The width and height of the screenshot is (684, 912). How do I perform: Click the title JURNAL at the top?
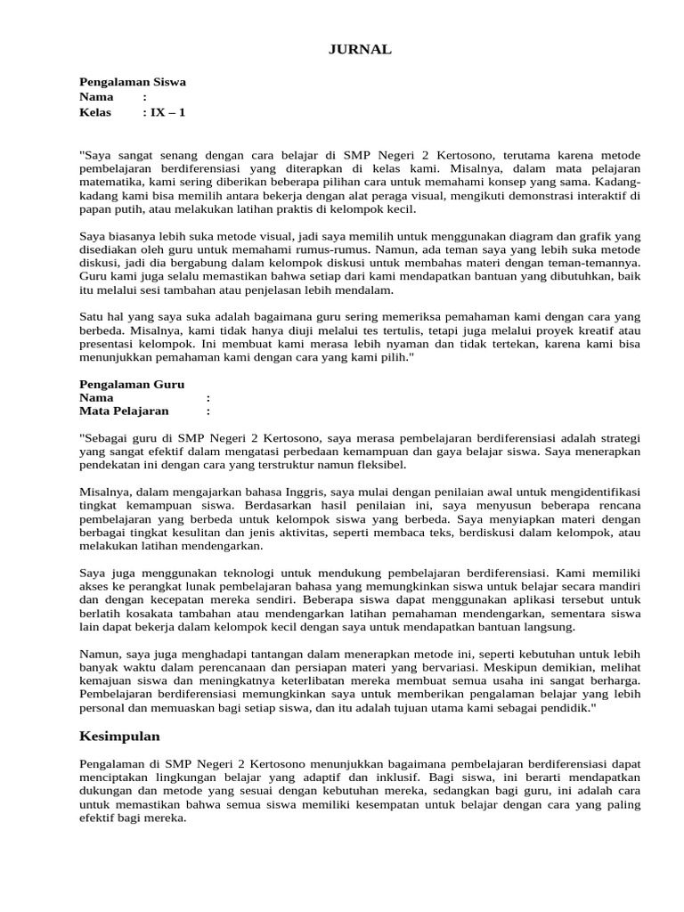(x=361, y=50)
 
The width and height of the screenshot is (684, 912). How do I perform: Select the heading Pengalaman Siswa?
(x=133, y=82)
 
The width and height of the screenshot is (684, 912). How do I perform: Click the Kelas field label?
(x=95, y=112)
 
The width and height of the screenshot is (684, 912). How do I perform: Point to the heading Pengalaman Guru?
(x=132, y=384)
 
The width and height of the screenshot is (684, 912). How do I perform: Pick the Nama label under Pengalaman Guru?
(x=96, y=398)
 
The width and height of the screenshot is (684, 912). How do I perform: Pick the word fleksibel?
(x=377, y=465)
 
